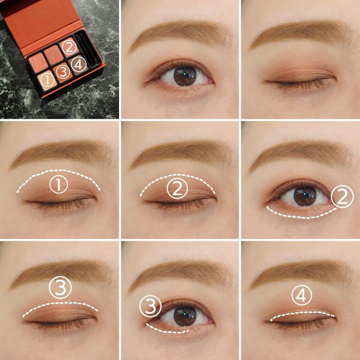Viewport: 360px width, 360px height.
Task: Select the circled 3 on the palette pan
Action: (x=63, y=72)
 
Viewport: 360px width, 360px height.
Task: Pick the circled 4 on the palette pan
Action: (x=78, y=65)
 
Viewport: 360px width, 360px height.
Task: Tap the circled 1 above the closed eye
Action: (x=59, y=185)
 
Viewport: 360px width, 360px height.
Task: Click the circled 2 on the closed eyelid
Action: (x=177, y=188)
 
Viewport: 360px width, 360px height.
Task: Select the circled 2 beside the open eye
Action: (x=342, y=197)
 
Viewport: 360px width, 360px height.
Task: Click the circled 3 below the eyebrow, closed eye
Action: (x=60, y=287)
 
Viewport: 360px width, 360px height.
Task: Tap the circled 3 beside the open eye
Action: (x=150, y=306)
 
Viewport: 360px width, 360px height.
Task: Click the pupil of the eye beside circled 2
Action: (x=305, y=196)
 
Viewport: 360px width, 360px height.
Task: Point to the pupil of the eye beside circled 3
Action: (x=185, y=316)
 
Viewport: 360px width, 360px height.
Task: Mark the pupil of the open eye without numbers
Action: (x=185, y=76)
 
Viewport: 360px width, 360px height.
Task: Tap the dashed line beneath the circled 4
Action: (x=302, y=313)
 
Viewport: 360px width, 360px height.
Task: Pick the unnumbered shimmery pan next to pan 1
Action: (x=38, y=63)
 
